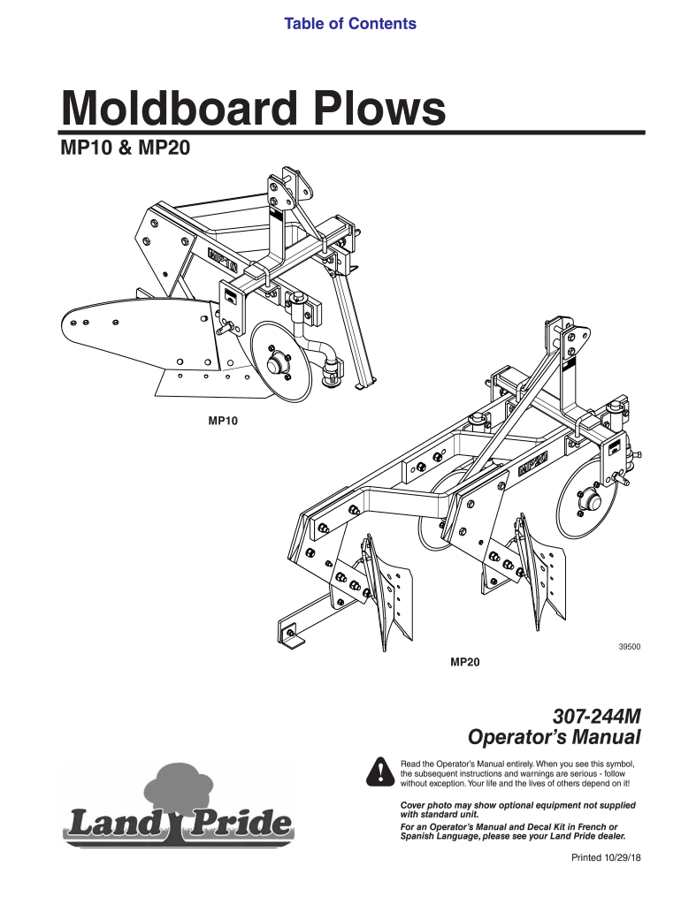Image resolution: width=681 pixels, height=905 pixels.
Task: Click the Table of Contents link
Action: click(x=349, y=24)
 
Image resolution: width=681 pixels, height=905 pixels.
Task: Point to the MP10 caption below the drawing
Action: click(x=222, y=422)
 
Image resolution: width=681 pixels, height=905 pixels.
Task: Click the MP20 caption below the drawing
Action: click(x=465, y=661)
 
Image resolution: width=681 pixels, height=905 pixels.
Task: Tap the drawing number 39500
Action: click(x=629, y=647)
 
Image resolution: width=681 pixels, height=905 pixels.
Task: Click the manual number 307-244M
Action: click(x=593, y=715)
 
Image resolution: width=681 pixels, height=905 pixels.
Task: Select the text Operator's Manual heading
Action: click(x=553, y=737)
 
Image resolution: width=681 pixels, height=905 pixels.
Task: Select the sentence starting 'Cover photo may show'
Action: click(x=517, y=810)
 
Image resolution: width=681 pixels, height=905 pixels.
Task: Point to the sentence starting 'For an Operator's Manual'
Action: click(x=515, y=831)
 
